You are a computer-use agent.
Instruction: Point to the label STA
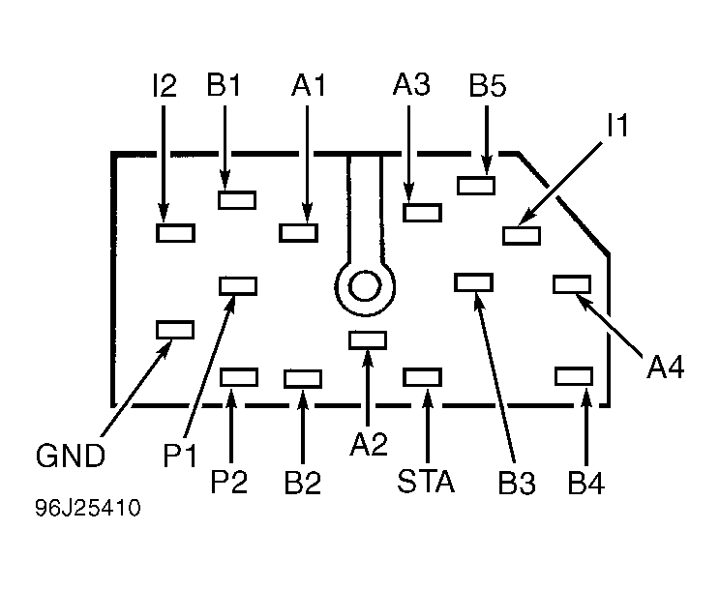[426, 482]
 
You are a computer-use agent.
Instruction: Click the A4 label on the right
[667, 368]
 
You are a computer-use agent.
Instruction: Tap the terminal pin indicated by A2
[368, 339]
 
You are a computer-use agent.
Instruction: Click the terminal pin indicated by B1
[237, 200]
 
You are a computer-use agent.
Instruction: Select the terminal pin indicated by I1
[522, 234]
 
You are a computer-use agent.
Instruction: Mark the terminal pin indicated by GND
[175, 330]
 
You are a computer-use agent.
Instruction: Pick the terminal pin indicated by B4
[573, 376]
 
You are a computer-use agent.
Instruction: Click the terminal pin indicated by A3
[422, 213]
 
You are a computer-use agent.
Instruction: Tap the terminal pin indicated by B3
[474, 281]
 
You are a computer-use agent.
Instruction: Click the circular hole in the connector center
[365, 285]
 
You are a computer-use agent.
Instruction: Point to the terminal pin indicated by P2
[239, 376]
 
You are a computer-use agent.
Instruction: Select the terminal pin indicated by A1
[299, 232]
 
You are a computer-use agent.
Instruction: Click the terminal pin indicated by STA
[422, 376]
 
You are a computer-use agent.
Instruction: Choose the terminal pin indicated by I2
[175, 232]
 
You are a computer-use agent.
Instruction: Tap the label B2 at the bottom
[303, 482]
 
